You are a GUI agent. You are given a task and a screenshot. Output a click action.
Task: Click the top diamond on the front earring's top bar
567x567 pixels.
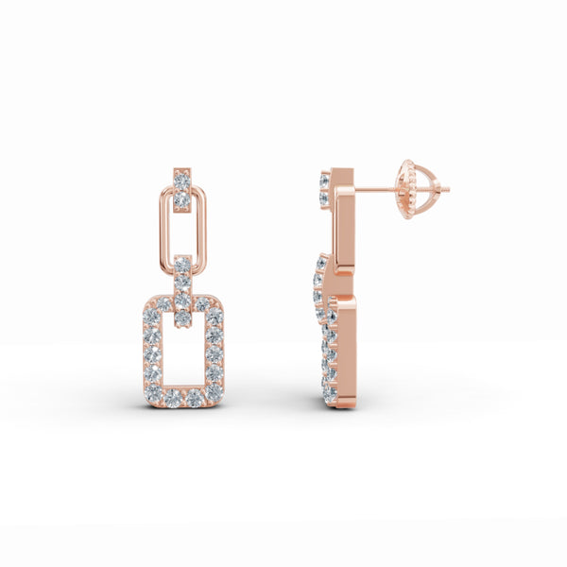point(182,176)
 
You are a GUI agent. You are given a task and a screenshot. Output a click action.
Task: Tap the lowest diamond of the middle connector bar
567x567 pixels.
point(183,318)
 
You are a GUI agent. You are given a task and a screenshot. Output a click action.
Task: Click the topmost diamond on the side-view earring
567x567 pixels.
point(326,178)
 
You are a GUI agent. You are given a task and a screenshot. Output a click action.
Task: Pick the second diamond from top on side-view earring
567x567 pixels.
point(326,197)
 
